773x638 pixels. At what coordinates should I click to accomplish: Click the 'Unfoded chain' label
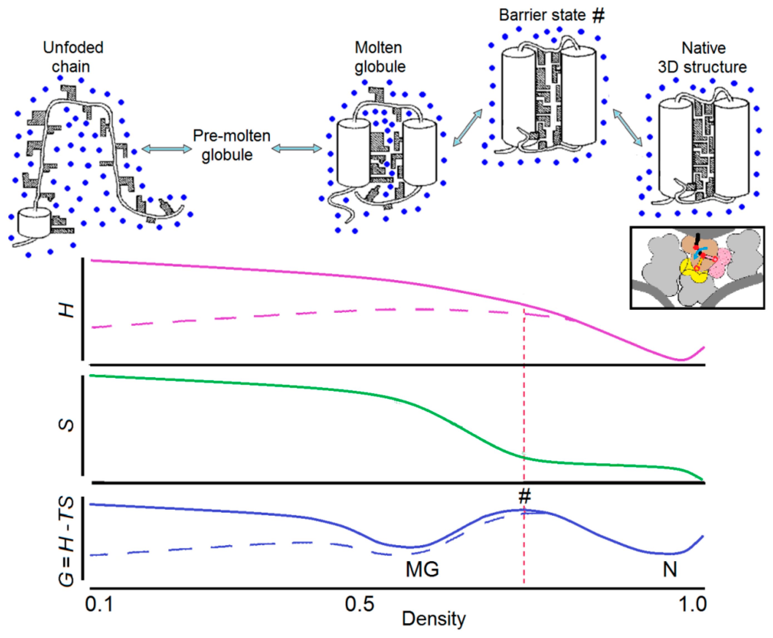pos(73,57)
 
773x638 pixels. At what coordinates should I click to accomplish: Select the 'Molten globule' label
pos(379,57)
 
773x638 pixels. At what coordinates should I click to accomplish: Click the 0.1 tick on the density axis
pos(98,604)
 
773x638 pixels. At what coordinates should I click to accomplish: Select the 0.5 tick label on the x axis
pos(359,604)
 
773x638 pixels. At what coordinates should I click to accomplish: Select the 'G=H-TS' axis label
pos(66,542)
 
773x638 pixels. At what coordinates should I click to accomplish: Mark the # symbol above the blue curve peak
pos(525,497)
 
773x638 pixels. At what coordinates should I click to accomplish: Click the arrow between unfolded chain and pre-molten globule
pos(167,149)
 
